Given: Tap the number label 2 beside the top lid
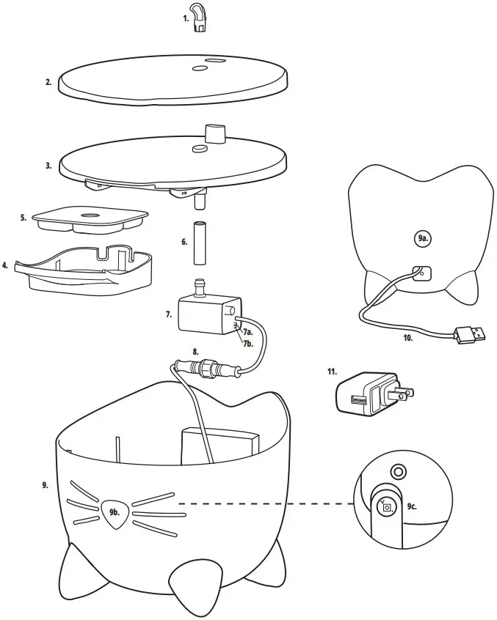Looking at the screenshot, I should point(48,83).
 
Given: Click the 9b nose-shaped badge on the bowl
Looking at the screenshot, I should point(114,512).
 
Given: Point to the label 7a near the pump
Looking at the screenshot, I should point(249,332).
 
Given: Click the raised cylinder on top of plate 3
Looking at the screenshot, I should point(213,133).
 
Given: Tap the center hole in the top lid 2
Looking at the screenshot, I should point(198,69).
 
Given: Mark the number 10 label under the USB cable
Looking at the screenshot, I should point(407,338).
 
